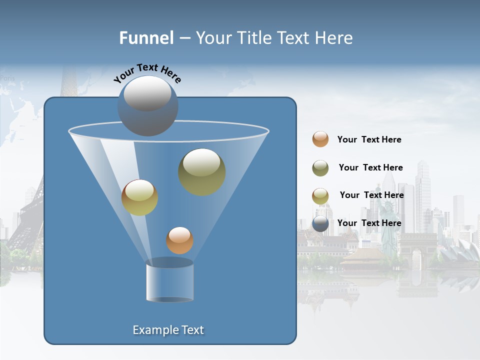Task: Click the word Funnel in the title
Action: point(146,38)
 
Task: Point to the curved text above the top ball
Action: point(147,72)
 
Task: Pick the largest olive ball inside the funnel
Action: point(201,171)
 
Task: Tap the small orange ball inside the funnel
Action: point(179,240)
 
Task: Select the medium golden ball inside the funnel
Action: point(139,197)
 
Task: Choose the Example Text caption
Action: point(168,330)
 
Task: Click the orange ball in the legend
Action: point(320,139)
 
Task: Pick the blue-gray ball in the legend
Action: point(320,223)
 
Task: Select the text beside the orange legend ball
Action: point(369,139)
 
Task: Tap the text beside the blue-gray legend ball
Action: point(369,223)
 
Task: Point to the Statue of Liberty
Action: point(387,225)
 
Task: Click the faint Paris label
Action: point(7,78)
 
